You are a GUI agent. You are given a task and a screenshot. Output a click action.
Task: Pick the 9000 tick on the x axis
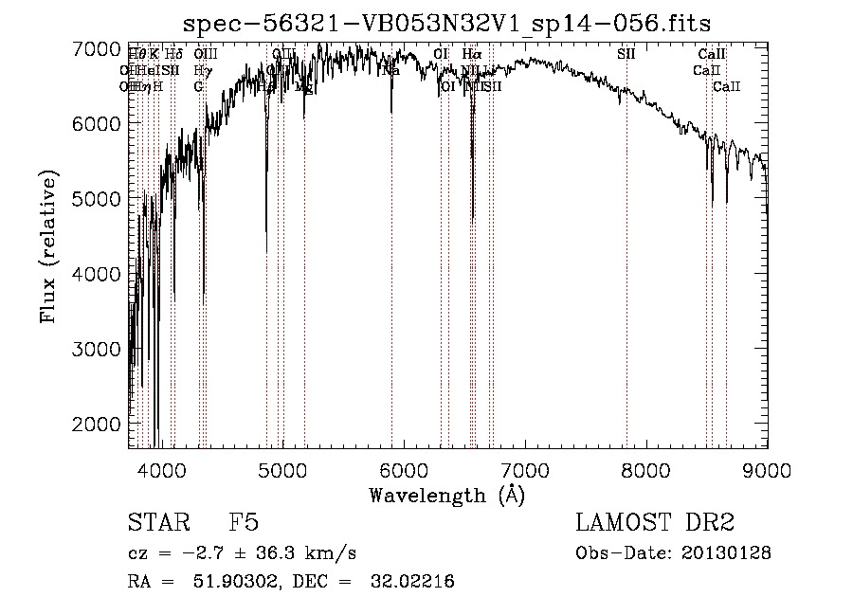[x=766, y=469]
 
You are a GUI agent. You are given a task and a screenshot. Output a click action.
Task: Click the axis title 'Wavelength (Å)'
[x=446, y=495]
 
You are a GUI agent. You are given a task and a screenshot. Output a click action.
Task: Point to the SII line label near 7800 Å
[x=626, y=54]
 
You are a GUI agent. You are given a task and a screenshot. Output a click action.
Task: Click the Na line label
[x=390, y=70]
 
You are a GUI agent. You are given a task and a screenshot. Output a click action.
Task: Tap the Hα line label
[x=471, y=54]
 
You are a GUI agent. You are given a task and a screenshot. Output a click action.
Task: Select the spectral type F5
[x=244, y=523]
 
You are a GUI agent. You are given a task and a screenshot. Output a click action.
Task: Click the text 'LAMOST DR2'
[x=654, y=523]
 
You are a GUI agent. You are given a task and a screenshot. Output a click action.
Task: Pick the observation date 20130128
[x=726, y=552]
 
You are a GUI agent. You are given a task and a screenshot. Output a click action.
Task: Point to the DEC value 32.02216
[x=410, y=582]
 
